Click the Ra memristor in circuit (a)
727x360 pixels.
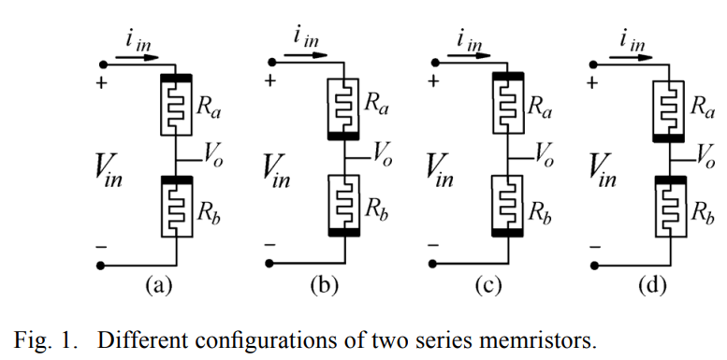point(176,105)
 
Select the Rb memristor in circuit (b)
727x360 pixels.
point(344,206)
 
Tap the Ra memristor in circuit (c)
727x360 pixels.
point(508,104)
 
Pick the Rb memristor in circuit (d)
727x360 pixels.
point(671,207)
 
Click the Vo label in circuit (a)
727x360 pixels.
point(213,156)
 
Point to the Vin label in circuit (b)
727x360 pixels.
point(277,172)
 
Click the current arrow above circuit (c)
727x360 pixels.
point(468,55)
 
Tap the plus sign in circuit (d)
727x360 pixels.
point(592,83)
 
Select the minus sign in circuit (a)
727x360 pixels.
point(102,247)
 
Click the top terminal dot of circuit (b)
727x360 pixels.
point(272,62)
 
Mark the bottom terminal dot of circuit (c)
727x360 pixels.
point(432,264)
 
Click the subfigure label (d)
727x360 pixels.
point(652,285)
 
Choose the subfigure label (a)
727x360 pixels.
point(159,285)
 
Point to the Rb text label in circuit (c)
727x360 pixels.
point(540,212)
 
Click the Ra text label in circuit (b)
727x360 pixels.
point(376,104)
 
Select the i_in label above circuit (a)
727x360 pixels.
point(138,43)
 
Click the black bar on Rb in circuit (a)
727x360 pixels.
point(176,180)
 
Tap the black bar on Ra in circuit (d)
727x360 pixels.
point(668,137)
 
